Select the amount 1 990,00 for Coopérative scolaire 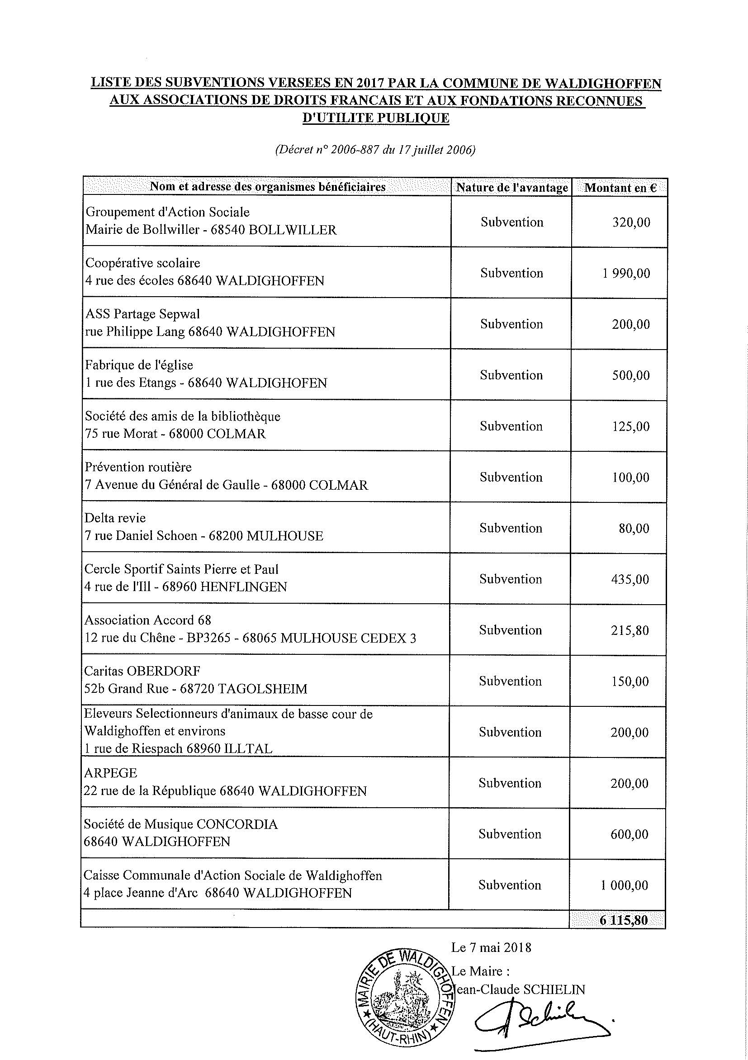pyautogui.click(x=626, y=273)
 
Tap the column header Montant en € pyautogui.click(x=620, y=188)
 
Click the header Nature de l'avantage pyautogui.click(x=511, y=188)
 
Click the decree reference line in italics pyautogui.click(x=375, y=150)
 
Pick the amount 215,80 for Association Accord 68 pyautogui.click(x=630, y=630)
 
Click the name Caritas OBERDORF pyautogui.click(x=142, y=671)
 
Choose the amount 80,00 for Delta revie pyautogui.click(x=634, y=528)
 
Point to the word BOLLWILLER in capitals pyautogui.click(x=293, y=230)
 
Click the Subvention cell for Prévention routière pyautogui.click(x=511, y=477)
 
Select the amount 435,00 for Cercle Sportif pyautogui.click(x=630, y=579)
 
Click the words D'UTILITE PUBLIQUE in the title pyautogui.click(x=375, y=118)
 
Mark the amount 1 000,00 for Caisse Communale pyautogui.click(x=625, y=885)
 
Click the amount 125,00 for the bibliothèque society pyautogui.click(x=630, y=426)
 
